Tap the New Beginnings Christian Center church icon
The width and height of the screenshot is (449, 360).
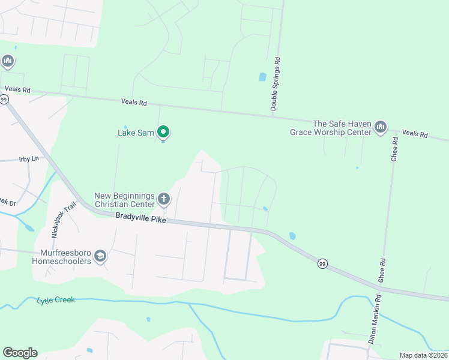[163, 198]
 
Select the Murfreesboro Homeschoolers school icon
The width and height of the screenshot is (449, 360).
[100, 256]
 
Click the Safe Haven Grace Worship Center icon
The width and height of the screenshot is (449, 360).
[381, 127]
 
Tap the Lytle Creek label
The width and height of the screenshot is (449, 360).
[56, 299]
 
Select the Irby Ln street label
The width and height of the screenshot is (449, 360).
[28, 159]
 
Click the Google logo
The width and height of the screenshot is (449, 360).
[20, 353]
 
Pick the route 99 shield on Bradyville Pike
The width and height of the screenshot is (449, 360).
[322, 264]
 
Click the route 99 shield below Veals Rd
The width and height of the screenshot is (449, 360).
[4, 100]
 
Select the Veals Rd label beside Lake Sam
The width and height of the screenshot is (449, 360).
[134, 103]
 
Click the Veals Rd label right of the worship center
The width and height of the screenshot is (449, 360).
[415, 133]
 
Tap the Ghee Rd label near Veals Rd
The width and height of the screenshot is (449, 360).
[394, 149]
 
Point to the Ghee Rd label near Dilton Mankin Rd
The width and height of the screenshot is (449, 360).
[382, 270]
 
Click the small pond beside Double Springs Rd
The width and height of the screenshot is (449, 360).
[262, 77]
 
